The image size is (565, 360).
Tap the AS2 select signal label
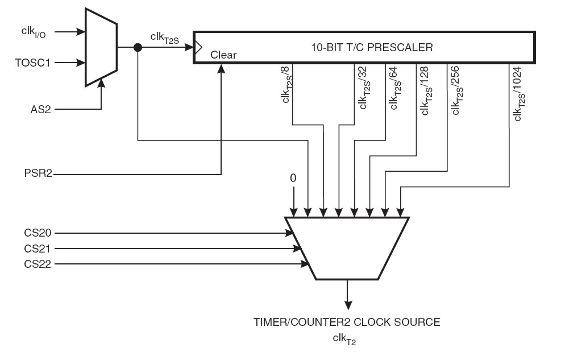(40, 108)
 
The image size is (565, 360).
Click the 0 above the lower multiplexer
(293, 178)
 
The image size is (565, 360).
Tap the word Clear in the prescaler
(223, 55)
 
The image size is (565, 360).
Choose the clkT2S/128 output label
(424, 89)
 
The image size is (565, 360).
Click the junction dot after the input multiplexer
(138, 48)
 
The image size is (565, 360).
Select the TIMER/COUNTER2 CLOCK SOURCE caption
(347, 322)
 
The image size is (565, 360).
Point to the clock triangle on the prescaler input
(198, 48)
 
